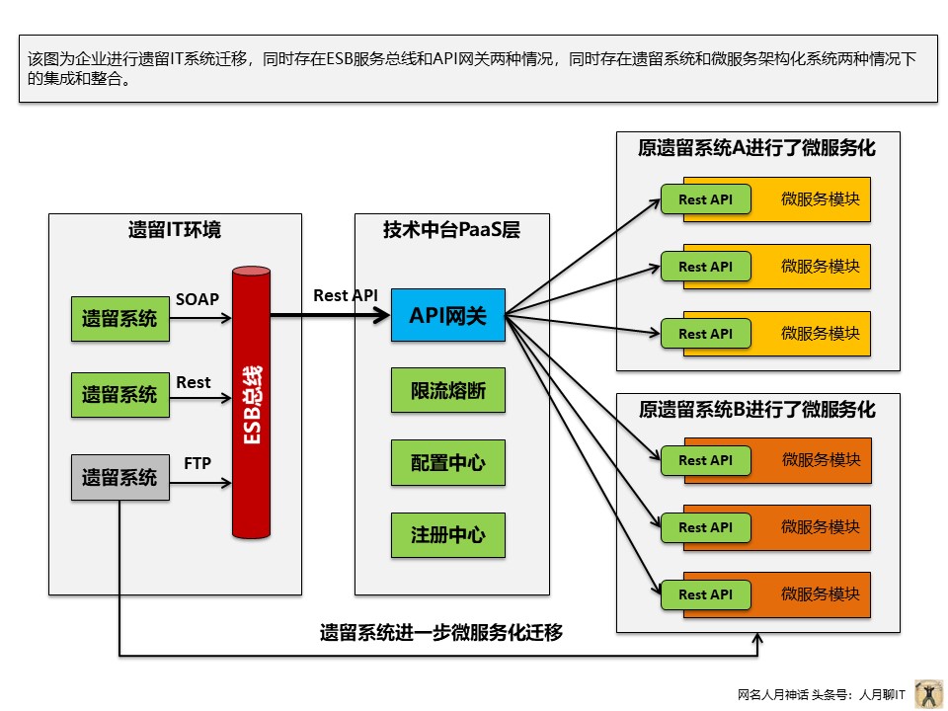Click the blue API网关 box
tap(447, 315)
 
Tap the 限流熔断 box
tap(447, 391)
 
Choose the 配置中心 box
tap(447, 462)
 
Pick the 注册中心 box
tap(447, 535)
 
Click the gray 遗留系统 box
tap(119, 478)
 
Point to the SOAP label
tap(197, 299)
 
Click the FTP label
tap(197, 462)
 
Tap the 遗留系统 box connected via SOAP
tap(119, 318)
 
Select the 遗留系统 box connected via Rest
tap(119, 395)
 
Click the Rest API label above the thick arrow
tap(346, 295)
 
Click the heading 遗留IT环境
tap(175, 231)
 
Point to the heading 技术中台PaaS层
tap(451, 231)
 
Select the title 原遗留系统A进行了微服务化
tap(757, 148)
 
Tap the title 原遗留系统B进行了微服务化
tap(757, 409)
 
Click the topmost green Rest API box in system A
tap(705, 199)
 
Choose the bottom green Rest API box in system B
tap(705, 594)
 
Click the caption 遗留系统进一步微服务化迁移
tap(441, 633)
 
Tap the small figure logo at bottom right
tap(928, 693)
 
